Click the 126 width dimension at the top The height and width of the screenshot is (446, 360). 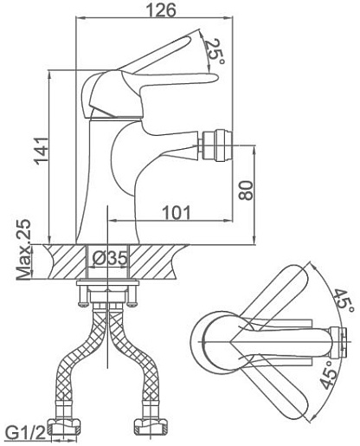pyautogui.click(x=161, y=10)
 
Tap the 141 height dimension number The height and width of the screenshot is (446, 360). pyautogui.click(x=42, y=151)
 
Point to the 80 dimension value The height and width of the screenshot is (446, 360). pyautogui.click(x=246, y=191)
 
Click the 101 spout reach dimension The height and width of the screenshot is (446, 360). pyautogui.click(x=177, y=213)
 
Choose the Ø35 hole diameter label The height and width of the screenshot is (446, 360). pyautogui.click(x=110, y=258)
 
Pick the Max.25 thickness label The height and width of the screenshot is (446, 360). pyautogui.click(x=23, y=249)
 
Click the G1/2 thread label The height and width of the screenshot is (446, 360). pyautogui.click(x=26, y=433)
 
